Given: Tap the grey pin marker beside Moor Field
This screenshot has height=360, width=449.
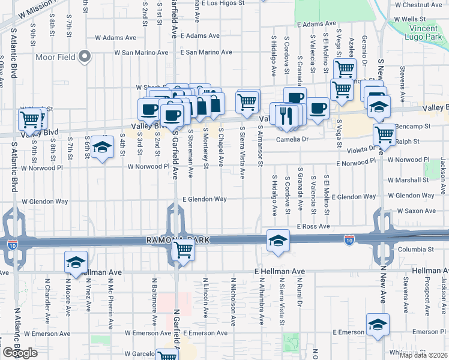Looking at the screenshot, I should (85, 57).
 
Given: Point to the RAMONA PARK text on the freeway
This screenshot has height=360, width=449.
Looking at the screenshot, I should (178, 240).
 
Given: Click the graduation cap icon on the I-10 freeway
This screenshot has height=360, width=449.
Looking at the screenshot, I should (278, 240).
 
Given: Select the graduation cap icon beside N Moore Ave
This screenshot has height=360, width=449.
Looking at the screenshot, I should (76, 261).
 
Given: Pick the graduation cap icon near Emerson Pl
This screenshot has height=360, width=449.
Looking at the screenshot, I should (377, 324).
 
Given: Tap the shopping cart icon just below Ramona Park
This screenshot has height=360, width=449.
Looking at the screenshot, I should (183, 251).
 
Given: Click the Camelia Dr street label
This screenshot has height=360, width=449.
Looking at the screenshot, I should (292, 139).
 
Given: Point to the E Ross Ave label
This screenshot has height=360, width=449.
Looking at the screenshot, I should (313, 226).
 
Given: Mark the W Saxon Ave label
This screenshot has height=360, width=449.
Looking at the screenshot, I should (415, 211).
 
